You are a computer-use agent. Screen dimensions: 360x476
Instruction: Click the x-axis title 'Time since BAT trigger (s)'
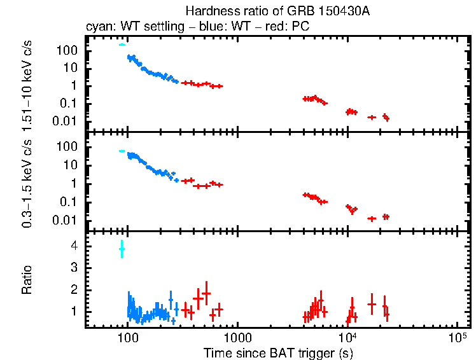pyautogui.click(x=278, y=352)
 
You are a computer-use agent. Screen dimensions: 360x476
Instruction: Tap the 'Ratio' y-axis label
pyautogui.click(x=27, y=280)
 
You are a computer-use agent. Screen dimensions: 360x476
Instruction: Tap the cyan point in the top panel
pyautogui.click(x=122, y=45)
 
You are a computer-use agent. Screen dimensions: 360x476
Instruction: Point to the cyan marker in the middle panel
pyautogui.click(x=122, y=151)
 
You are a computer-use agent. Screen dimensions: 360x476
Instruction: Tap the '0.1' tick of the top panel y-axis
pyautogui.click(x=69, y=103)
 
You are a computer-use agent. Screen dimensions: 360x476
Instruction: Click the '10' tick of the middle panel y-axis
pyautogui.click(x=71, y=165)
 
